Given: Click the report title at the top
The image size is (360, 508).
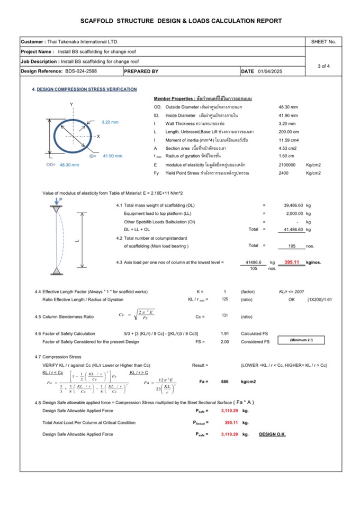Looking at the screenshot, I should point(181,21).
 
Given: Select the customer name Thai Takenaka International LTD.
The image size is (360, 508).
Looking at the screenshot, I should point(83,42).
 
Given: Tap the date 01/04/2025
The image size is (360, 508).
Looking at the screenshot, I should point(270,71).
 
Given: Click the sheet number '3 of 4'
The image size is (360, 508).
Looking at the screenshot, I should point(323,66).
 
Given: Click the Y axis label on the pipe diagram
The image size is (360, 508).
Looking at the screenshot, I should point(71,105).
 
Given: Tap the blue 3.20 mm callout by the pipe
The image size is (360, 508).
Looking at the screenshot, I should point(110,122).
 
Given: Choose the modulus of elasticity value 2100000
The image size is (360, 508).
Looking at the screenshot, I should point(288,165).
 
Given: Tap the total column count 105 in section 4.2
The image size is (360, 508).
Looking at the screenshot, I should point(292,246).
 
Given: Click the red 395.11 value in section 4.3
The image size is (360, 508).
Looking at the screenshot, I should point(292,262).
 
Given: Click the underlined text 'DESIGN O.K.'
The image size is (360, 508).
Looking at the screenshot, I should point(272,434).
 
